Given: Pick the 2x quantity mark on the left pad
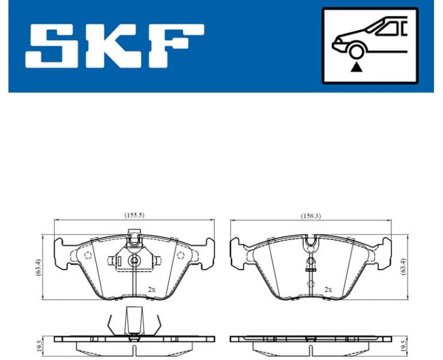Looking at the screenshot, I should pos(152,289).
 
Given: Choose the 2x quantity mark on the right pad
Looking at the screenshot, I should pos(328,289).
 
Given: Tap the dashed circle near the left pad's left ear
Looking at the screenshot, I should pos(88,256).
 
